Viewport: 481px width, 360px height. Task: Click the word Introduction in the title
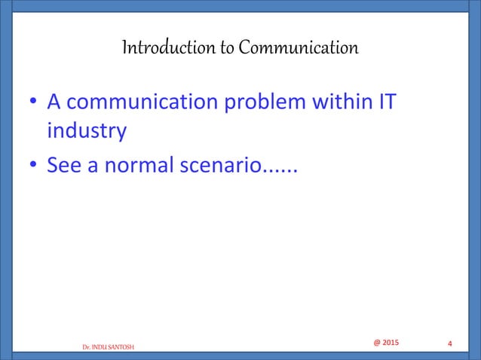(158, 50)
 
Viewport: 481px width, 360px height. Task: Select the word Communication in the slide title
(298, 50)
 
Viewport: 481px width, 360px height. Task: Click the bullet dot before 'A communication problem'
(33, 101)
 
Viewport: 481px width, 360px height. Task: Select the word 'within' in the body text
(339, 100)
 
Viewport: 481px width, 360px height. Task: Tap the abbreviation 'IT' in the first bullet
(384, 100)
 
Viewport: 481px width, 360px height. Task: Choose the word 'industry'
(86, 132)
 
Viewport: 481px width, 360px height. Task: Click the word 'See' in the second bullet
(65, 164)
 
